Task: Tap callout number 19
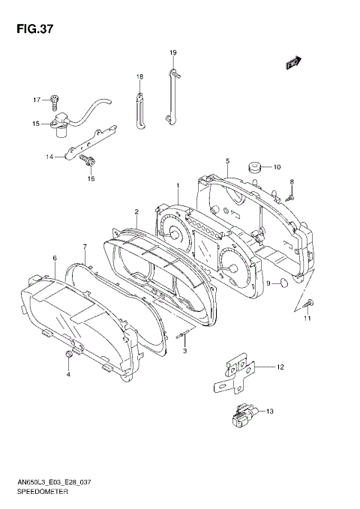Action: click(x=172, y=52)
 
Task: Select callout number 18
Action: click(x=139, y=77)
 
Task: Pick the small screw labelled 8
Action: click(x=290, y=196)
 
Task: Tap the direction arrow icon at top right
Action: click(x=292, y=64)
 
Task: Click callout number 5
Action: click(x=226, y=161)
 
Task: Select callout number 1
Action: click(x=177, y=185)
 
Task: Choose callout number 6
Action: click(x=55, y=258)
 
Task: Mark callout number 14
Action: click(x=49, y=157)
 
